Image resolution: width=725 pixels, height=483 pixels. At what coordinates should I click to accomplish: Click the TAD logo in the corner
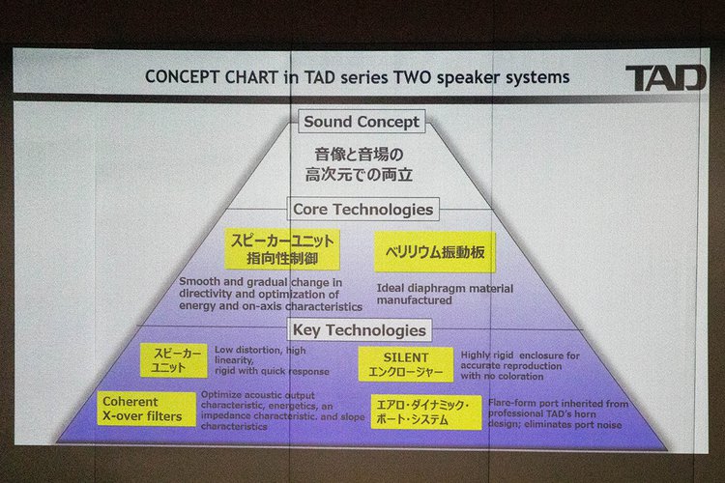click(x=666, y=77)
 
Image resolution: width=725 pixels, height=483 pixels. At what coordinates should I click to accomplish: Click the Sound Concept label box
click(x=362, y=122)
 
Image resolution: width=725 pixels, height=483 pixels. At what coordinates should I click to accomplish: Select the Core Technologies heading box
click(x=362, y=209)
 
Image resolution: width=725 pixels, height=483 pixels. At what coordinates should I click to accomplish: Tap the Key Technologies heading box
click(x=360, y=330)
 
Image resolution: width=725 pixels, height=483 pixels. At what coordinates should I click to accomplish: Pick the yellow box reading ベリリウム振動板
click(x=435, y=252)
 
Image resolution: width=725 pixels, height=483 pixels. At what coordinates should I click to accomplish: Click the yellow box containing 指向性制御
click(x=282, y=249)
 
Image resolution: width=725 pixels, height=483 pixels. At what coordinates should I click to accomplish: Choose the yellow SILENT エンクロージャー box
click(x=405, y=364)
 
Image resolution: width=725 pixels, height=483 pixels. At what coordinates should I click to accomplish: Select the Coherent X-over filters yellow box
click(x=146, y=409)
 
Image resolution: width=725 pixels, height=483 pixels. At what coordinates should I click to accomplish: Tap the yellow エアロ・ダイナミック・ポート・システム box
click(x=426, y=412)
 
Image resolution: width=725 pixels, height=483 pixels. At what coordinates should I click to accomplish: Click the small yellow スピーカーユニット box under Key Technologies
click(x=174, y=360)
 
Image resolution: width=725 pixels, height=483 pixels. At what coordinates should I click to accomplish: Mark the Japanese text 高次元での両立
click(x=359, y=175)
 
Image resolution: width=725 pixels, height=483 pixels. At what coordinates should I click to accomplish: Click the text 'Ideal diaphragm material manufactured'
click(x=445, y=294)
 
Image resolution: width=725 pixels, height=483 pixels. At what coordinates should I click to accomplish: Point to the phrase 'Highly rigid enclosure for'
click(x=520, y=355)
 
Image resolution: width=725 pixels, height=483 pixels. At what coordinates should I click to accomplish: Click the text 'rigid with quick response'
click(x=272, y=371)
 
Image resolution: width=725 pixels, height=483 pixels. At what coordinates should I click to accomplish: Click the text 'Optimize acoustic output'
click(x=257, y=395)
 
